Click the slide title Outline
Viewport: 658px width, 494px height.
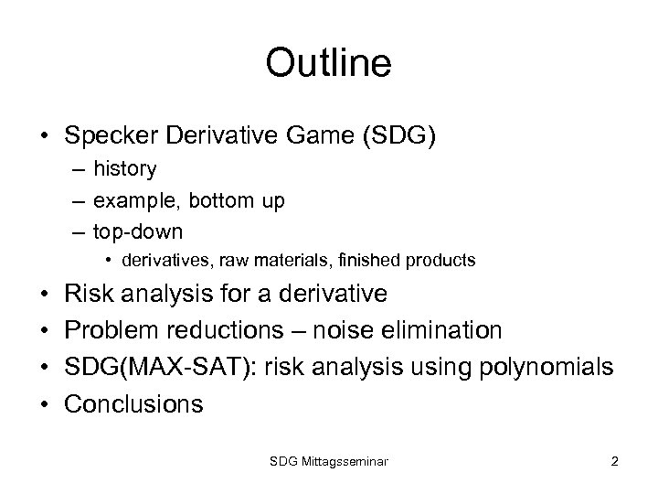click(328, 63)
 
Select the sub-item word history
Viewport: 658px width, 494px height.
click(125, 169)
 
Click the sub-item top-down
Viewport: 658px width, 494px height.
click(138, 231)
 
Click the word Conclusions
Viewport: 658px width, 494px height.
click(133, 403)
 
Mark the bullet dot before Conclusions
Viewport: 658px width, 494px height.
click(45, 403)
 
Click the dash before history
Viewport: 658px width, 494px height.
click(80, 169)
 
